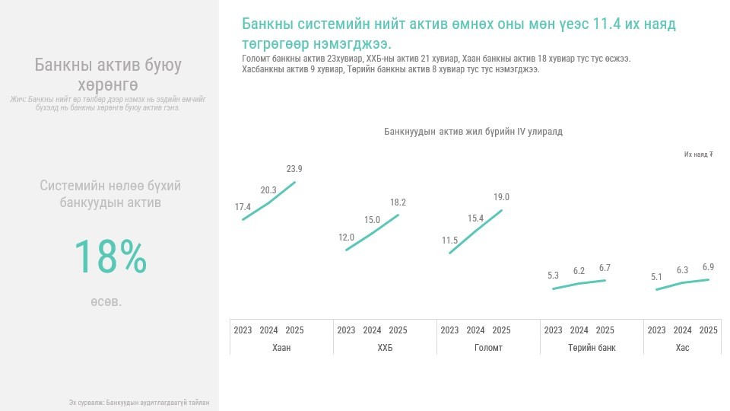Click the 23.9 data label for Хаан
294,169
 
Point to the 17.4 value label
243,207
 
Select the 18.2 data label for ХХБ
398,202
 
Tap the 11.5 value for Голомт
449,241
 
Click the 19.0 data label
501,197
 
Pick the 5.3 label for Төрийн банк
553,276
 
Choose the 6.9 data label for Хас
708,267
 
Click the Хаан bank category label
281,348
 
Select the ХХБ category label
385,348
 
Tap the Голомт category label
488,348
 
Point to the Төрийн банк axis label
592,348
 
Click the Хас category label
682,348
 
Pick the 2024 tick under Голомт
475,330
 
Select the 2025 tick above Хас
708,330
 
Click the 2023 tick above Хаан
243,330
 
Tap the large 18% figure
110,257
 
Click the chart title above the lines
473,132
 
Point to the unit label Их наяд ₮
698,155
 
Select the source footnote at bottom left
138,403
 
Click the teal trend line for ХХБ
373,232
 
